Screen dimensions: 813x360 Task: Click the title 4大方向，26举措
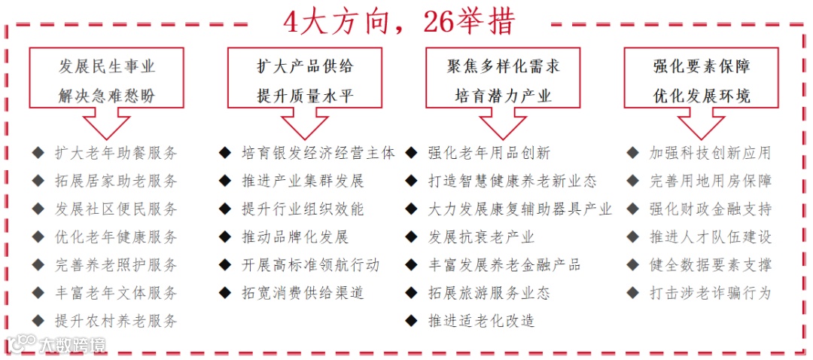click(x=399, y=22)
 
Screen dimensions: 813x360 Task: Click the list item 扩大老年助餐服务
click(x=117, y=153)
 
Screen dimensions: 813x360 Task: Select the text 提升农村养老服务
click(x=117, y=321)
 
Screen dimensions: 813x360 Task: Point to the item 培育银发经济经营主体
click(x=318, y=153)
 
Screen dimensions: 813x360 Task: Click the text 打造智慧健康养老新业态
click(x=512, y=181)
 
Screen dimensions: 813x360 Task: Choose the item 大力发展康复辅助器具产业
click(x=519, y=209)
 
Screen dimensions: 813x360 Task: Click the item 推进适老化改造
click(x=481, y=321)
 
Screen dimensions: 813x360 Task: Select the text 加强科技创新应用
click(x=710, y=153)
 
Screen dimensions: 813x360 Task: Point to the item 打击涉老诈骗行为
click(x=710, y=293)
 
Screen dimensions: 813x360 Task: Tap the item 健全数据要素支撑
click(x=710, y=265)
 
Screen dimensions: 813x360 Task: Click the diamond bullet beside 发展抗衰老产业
click(x=411, y=236)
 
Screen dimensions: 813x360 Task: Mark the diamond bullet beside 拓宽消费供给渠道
click(x=224, y=292)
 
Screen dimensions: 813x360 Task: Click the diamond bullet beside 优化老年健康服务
click(x=38, y=236)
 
